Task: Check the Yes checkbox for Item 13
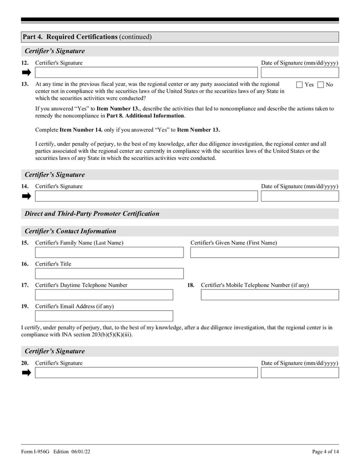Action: click(x=300, y=85)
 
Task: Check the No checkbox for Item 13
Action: click(x=320, y=85)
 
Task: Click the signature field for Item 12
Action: click(x=146, y=72)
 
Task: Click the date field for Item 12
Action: click(x=300, y=72)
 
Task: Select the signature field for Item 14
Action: click(x=146, y=196)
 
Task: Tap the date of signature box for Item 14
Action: click(x=300, y=196)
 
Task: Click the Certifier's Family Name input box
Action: click(x=109, y=252)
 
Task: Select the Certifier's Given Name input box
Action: click(x=265, y=252)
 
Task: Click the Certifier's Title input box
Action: click(x=109, y=273)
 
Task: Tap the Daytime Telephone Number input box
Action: click(x=104, y=294)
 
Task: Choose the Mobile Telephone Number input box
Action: click(x=270, y=294)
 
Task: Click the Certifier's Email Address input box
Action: click(x=104, y=316)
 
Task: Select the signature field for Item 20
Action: click(x=146, y=372)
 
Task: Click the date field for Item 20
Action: click(x=300, y=372)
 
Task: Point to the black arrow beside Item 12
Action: click(x=26, y=72)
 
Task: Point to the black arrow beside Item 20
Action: click(x=26, y=372)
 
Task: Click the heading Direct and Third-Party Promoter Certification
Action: click(x=92, y=214)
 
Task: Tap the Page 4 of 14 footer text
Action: click(x=325, y=452)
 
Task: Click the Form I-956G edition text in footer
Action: click(x=58, y=452)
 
